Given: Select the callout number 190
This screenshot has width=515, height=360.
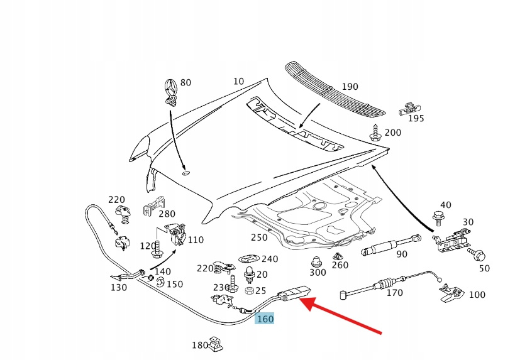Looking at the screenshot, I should click(350, 87).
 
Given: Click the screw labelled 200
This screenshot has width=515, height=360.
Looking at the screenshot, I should click(375, 132).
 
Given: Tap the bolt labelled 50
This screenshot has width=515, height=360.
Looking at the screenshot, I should click(477, 256).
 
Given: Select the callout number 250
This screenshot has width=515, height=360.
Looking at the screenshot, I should click(259, 237).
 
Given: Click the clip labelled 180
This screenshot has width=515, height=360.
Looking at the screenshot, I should click(217, 342).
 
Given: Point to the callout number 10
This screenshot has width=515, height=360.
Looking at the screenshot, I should click(238, 81).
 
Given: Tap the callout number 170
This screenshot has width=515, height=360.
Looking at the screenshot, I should click(394, 293).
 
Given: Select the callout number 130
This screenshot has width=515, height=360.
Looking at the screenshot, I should click(118, 288).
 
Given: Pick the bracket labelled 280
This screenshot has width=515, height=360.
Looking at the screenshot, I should click(153, 204).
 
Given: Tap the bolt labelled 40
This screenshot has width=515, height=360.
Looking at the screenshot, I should click(438, 218).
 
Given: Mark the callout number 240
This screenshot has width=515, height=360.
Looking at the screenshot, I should click(270, 259).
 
